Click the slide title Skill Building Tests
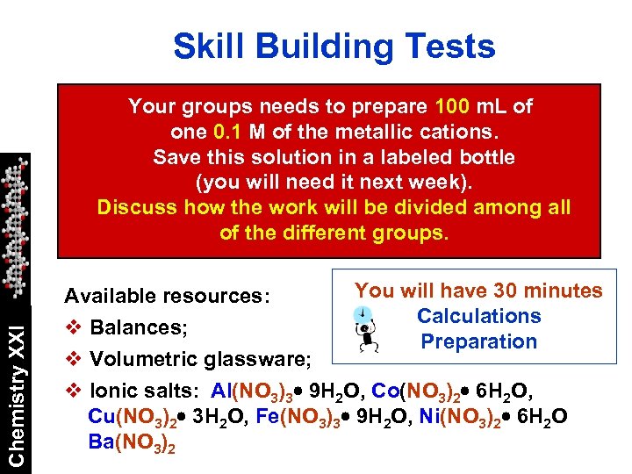click(x=334, y=47)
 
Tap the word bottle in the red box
click(x=483, y=158)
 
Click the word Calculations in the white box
click(x=478, y=316)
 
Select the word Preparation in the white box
click(x=478, y=341)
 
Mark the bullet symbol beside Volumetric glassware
click(x=74, y=359)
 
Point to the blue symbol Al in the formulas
click(x=222, y=391)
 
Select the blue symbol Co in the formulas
click(x=384, y=391)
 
